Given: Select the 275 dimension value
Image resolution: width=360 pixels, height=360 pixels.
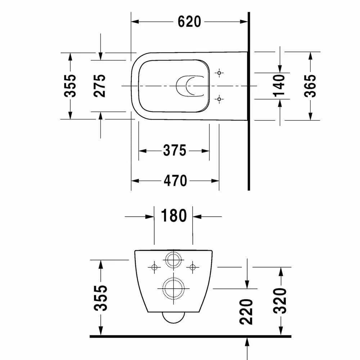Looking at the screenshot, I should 100,86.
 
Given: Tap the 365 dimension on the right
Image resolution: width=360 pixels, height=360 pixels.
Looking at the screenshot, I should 310,86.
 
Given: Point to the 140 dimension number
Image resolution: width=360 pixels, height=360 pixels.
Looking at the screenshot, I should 279,86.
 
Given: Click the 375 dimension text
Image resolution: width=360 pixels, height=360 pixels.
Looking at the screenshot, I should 175,150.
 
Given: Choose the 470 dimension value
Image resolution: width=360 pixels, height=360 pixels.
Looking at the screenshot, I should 175,180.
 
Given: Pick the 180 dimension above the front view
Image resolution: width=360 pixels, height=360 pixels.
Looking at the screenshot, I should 174,216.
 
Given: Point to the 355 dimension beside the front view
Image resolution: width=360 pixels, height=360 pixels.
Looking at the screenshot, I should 101,298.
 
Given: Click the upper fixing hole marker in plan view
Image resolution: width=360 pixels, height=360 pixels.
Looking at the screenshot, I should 219,73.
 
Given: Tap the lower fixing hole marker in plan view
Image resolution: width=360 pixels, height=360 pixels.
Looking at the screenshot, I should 219,98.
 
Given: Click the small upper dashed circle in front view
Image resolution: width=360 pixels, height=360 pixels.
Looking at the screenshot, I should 173,260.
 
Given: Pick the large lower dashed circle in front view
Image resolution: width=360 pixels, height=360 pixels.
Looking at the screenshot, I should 173,288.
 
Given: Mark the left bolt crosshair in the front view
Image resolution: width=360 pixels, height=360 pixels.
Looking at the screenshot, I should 154,267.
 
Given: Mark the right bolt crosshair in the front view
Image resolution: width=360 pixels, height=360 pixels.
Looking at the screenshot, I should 193,267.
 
